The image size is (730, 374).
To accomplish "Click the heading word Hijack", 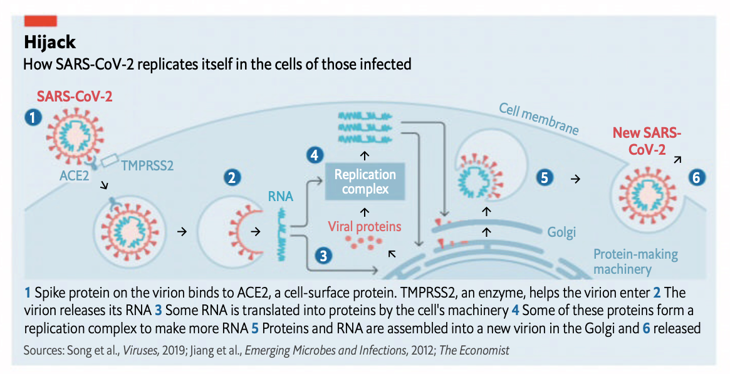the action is click(50, 43).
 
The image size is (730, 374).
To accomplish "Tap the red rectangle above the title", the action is click(41, 21).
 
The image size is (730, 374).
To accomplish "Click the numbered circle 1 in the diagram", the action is click(33, 117).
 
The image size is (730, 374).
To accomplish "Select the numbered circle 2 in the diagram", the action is click(232, 177).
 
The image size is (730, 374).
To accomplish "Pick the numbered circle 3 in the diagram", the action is click(323, 256).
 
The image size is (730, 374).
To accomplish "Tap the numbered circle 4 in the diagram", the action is click(315, 155).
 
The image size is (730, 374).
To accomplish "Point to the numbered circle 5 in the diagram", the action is click(545, 178).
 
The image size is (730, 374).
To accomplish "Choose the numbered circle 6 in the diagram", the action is click(697, 178).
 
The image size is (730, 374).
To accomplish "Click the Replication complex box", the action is click(365, 182).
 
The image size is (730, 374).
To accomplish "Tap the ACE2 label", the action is click(75, 176).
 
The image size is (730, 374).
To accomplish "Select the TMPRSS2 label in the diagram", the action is click(148, 165).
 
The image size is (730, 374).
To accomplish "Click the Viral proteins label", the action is click(365, 227).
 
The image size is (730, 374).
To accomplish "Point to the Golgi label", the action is click(561, 232).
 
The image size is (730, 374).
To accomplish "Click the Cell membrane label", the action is click(539, 118).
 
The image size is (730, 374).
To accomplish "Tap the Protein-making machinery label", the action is click(635, 261).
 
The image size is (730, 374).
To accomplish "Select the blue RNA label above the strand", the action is click(281, 196).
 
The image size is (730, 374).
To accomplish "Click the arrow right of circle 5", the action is click(576, 178).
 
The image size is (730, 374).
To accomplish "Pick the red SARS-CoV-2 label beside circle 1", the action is click(75, 96).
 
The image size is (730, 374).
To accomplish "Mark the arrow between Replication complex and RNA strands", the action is click(365, 155).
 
